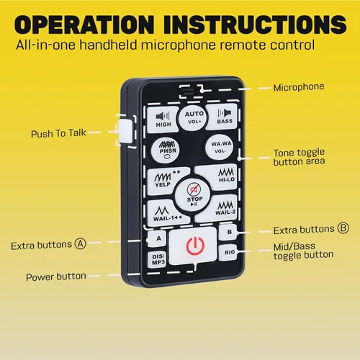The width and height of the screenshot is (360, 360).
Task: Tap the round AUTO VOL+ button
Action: point(194,118)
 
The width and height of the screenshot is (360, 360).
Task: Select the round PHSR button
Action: point(166,150)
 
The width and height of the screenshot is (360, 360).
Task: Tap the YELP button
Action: point(164,180)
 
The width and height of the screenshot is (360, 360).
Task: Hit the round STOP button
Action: point(194,196)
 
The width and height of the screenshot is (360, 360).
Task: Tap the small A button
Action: point(158,238)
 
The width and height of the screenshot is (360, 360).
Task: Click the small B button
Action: point(228,232)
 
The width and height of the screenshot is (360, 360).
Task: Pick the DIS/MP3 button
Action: point(158,259)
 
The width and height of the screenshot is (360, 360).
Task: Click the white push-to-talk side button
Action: point(125,131)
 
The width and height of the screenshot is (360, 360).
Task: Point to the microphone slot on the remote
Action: point(192,91)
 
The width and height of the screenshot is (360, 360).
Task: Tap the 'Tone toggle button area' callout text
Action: point(299,157)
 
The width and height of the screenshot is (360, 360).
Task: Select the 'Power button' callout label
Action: point(56,276)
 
